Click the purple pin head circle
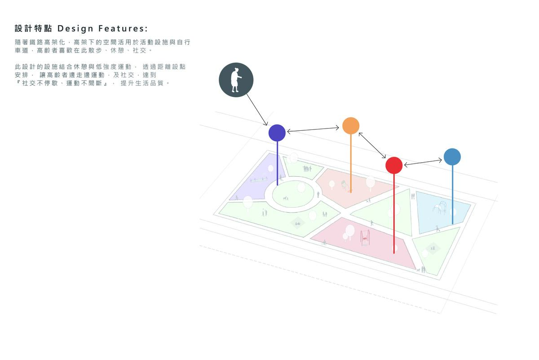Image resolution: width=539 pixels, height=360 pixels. click(x=277, y=133)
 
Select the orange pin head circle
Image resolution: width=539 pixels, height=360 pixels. click(x=351, y=125)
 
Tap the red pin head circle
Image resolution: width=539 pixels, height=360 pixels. click(x=394, y=165)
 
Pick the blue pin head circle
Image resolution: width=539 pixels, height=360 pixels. click(x=452, y=157)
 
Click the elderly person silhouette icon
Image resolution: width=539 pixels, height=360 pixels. click(x=236, y=80)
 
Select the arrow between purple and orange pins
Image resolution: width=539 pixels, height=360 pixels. click(x=313, y=129)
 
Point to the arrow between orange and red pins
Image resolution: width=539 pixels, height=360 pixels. click(x=372, y=146)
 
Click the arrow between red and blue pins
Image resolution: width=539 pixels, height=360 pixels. click(x=423, y=162)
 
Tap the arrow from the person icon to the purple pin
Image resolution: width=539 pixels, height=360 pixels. click(x=257, y=110)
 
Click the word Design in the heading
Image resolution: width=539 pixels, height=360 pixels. click(x=75, y=29)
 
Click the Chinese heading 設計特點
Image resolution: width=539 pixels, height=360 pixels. click(x=33, y=28)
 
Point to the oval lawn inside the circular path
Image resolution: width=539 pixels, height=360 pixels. click(x=293, y=194)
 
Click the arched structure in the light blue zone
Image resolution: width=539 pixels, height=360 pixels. click(x=440, y=208)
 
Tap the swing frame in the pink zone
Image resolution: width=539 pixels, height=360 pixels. click(x=365, y=237)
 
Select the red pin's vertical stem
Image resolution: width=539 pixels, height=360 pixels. click(x=394, y=213)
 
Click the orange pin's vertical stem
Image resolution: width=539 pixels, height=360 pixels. click(x=351, y=163)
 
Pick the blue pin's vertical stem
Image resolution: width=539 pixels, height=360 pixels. click(x=452, y=195)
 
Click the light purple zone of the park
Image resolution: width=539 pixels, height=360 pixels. click(x=257, y=179)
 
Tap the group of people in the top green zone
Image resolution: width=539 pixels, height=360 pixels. click(x=307, y=169)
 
